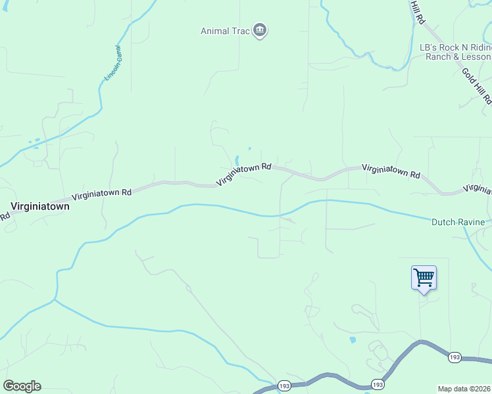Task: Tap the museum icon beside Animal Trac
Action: point(260,30)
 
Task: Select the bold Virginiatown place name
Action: point(39,205)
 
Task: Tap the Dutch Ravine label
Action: point(458,222)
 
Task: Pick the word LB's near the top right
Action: point(429,48)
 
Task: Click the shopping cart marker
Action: point(424,278)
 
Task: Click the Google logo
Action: point(22,386)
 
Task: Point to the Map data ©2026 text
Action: point(464,389)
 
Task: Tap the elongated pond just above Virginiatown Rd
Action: point(236,160)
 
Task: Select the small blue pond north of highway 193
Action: point(353,340)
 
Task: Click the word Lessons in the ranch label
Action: point(474,57)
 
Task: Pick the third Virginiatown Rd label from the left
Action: point(391,171)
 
